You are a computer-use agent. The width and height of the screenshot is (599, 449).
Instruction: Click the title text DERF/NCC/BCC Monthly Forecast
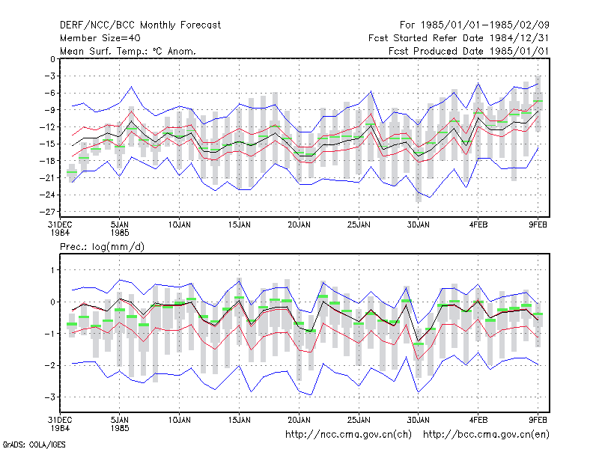pyautogui.click(x=140, y=25)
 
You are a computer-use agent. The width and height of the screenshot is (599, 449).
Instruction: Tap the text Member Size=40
pyautogui.click(x=100, y=38)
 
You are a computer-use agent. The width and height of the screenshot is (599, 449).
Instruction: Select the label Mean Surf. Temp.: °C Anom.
pyautogui.click(x=127, y=51)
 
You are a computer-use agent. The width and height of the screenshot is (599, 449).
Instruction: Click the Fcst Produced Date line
pyautogui.click(x=469, y=51)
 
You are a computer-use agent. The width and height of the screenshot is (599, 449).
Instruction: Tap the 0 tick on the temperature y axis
pyautogui.click(x=52, y=59)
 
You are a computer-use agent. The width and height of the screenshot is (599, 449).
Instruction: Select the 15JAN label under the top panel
pyautogui.click(x=240, y=225)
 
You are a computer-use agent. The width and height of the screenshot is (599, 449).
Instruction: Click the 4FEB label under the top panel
pyautogui.click(x=478, y=225)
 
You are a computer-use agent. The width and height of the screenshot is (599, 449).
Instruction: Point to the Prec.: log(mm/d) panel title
pyautogui.click(x=102, y=247)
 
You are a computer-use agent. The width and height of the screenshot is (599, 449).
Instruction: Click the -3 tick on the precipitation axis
pyautogui.click(x=50, y=397)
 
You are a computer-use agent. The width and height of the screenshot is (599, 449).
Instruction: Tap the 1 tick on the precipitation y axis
pyautogui.click(x=53, y=270)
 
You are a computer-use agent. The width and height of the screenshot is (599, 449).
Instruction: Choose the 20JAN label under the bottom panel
pyautogui.click(x=299, y=420)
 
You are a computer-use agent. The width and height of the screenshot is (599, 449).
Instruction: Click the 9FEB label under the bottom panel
pyautogui.click(x=538, y=420)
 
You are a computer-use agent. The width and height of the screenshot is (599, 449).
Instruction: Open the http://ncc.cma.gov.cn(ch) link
pyautogui.click(x=348, y=435)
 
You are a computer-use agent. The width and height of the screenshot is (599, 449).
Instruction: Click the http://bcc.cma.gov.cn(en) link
pyautogui.click(x=486, y=435)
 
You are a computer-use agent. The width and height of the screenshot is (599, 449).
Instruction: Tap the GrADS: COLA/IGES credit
pyautogui.click(x=34, y=445)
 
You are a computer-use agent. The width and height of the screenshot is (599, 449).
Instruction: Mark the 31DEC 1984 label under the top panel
pyautogui.click(x=60, y=229)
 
